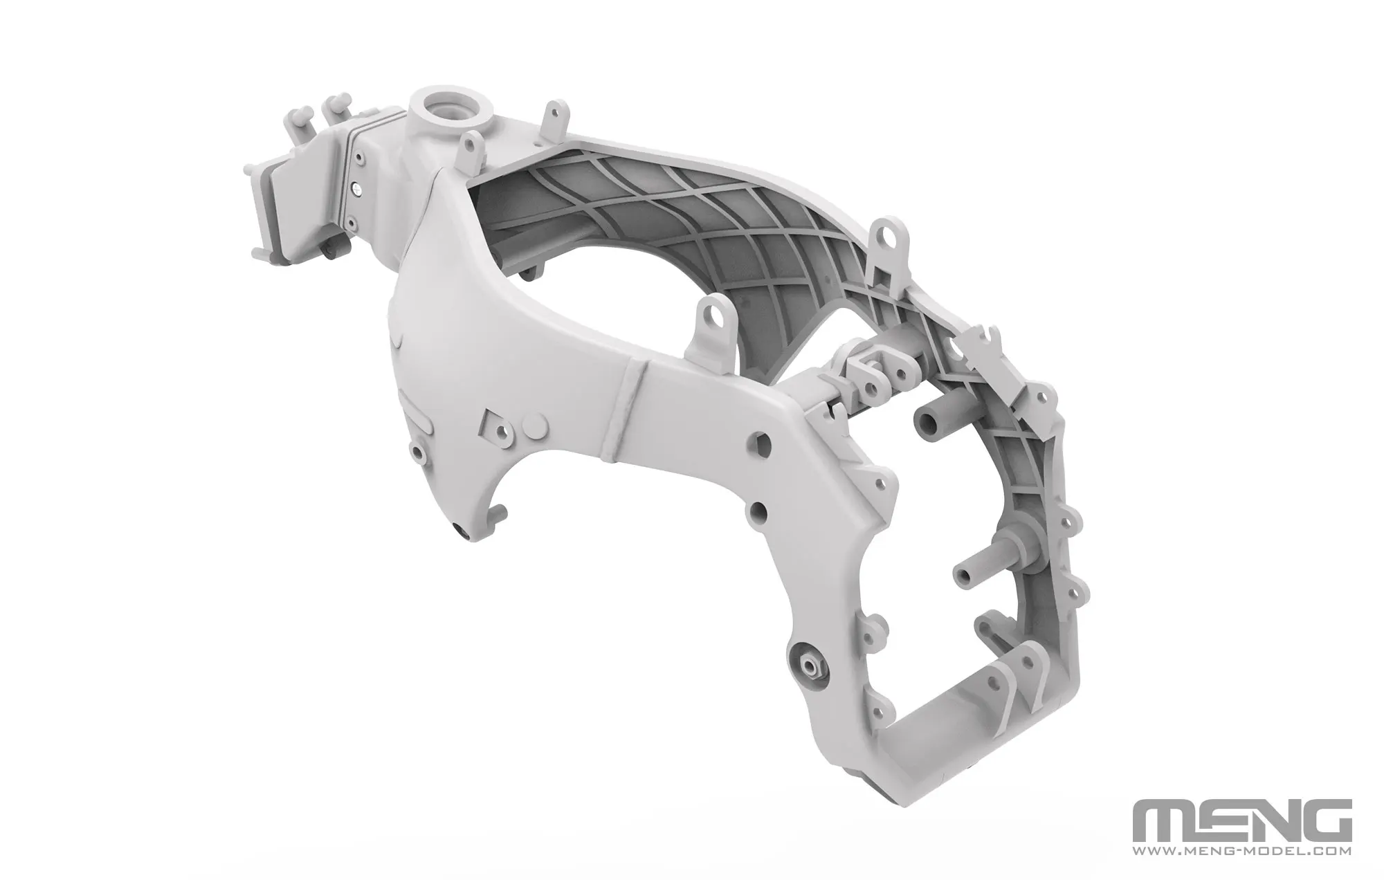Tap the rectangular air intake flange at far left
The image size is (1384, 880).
262,208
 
